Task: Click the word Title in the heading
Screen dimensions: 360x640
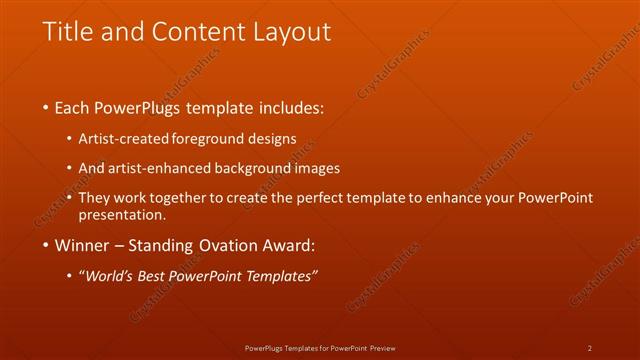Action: (68, 32)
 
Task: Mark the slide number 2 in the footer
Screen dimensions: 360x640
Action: (590, 348)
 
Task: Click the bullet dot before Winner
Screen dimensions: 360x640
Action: (46, 245)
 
